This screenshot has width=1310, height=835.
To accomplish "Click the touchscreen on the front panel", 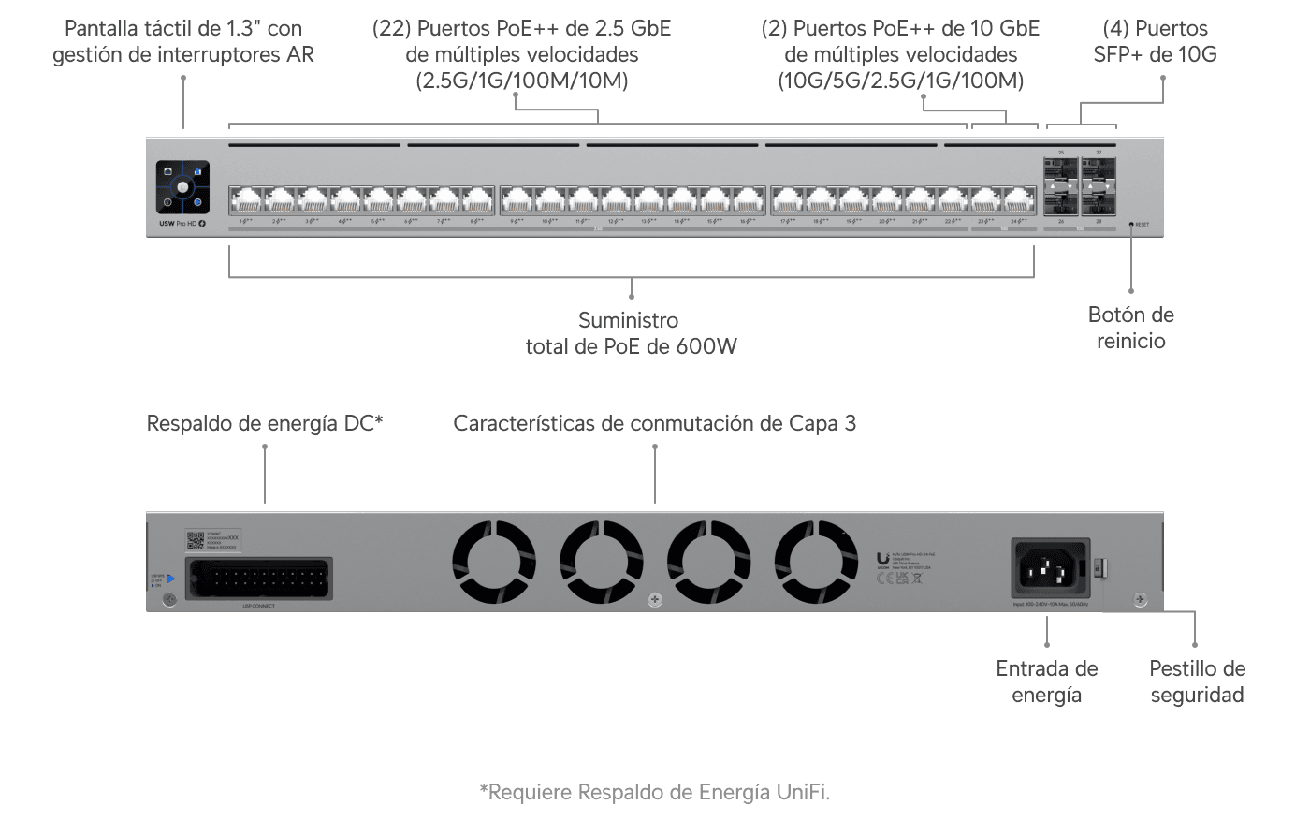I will (x=182, y=187).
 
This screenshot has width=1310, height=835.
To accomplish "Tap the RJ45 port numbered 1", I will (x=247, y=199).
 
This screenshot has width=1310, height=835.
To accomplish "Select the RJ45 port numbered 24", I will (x=1017, y=199).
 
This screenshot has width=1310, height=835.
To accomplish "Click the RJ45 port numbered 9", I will (x=517, y=199).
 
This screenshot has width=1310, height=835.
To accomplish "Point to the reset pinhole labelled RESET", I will (x=1131, y=225).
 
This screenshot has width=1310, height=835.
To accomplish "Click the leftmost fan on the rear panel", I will (x=494, y=562).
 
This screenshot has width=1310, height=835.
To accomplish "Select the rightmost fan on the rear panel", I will (x=816, y=562).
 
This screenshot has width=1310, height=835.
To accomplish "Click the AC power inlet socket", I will (x=1050, y=567).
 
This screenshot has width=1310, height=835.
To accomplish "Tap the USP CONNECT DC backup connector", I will (x=259, y=579).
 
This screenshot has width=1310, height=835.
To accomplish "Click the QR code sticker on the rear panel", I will (x=196, y=540).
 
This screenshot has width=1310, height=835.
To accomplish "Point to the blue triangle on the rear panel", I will (x=170, y=579).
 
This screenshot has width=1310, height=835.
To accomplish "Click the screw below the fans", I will (x=655, y=600).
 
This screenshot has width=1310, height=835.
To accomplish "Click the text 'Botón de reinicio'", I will (x=1130, y=328).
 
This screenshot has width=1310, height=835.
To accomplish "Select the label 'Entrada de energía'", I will (x=1046, y=681).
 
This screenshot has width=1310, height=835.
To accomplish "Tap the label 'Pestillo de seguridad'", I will (x=1197, y=681).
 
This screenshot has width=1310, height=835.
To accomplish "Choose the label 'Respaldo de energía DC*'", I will (x=265, y=423).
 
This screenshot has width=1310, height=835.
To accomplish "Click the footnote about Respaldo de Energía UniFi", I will (x=654, y=792).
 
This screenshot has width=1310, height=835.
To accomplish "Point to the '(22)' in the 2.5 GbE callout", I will (x=391, y=28).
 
